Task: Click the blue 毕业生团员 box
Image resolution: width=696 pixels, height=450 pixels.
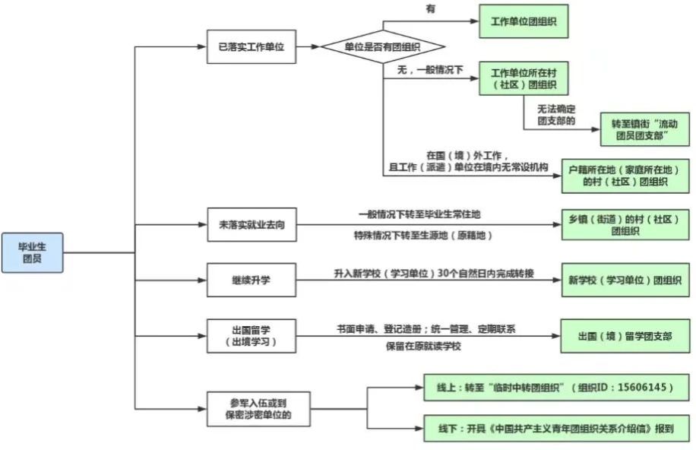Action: (x=33, y=252)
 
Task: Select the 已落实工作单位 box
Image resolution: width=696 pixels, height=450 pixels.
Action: (x=252, y=46)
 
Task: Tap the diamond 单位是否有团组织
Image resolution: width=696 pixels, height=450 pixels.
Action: (x=383, y=46)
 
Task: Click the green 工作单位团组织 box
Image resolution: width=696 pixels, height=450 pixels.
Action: (x=524, y=21)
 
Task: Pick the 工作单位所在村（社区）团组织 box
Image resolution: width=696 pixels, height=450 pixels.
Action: (x=524, y=78)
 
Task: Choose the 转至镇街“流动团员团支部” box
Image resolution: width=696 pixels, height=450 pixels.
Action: (x=644, y=129)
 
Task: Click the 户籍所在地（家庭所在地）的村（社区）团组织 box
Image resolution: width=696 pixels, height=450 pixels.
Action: (x=625, y=176)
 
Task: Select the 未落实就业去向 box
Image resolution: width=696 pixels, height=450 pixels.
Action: (x=252, y=225)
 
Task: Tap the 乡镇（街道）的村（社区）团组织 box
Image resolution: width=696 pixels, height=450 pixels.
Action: (x=625, y=225)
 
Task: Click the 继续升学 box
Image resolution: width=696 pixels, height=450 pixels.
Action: (x=252, y=280)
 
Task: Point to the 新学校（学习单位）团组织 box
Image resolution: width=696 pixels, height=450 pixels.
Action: (x=625, y=280)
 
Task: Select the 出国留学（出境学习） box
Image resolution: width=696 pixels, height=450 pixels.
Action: (x=252, y=336)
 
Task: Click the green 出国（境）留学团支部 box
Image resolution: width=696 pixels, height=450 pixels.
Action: (x=625, y=336)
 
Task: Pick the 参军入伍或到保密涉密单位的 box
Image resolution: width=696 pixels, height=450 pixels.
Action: (x=258, y=409)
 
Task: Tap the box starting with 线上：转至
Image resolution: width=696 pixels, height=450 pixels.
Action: (x=556, y=388)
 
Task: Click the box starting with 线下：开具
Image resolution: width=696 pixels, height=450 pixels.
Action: (x=556, y=429)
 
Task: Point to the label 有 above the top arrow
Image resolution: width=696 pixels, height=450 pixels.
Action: (x=431, y=9)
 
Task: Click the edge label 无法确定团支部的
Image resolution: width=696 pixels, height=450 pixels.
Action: (x=556, y=115)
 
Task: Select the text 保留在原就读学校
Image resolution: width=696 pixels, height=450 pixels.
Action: (x=423, y=346)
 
